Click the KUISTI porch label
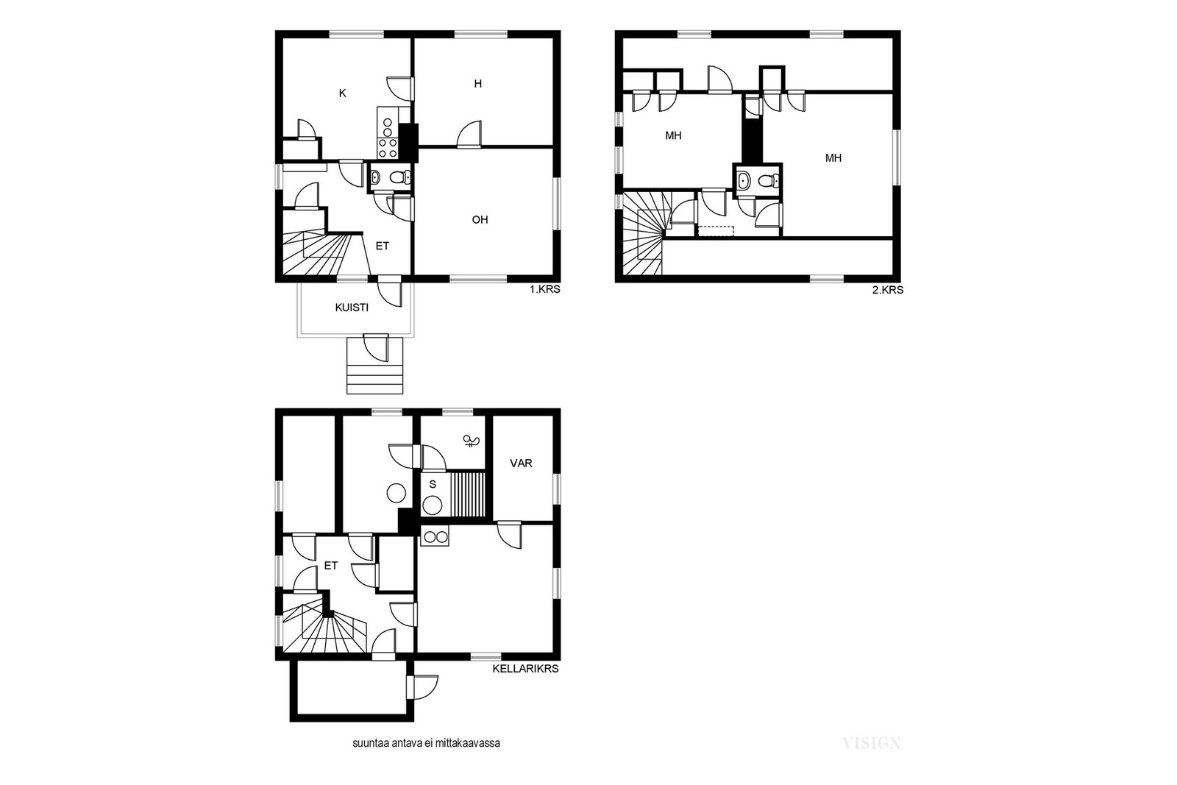(352, 308)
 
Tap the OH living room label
(480, 220)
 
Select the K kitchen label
(343, 93)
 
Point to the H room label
(477, 84)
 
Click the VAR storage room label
(521, 463)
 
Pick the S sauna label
(433, 484)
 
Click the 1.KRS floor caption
(544, 289)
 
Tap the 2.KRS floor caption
(887, 290)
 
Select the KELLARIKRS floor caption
(525, 669)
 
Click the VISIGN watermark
(871, 743)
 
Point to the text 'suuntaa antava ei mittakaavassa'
(426, 744)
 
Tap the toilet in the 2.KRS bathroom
(769, 181)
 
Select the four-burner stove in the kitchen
(387, 148)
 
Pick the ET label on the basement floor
(330, 566)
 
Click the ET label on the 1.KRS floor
(382, 246)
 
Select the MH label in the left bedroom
(673, 135)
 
